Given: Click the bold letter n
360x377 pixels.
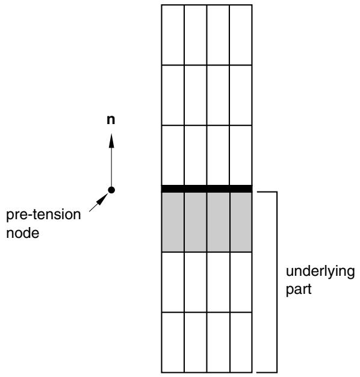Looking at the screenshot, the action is pyautogui.click(x=111, y=120).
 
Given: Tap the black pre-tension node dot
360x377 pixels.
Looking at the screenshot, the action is pyautogui.click(x=111, y=190).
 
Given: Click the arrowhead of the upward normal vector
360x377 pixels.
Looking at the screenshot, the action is pyautogui.click(x=111, y=141).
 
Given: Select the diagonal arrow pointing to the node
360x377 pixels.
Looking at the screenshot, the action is pyautogui.click(x=99, y=202).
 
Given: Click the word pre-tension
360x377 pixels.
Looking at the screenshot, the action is pyautogui.click(x=43, y=215).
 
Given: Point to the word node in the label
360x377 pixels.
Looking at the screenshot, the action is pyautogui.click(x=23, y=233).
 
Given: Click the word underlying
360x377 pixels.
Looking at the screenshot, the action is pyautogui.click(x=320, y=272).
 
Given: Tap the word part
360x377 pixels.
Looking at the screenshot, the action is pyautogui.click(x=299, y=290).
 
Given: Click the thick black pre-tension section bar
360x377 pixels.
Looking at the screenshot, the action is pyautogui.click(x=206, y=188).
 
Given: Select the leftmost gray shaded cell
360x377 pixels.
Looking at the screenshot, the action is pyautogui.click(x=173, y=222).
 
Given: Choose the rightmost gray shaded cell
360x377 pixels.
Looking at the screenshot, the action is pyautogui.click(x=241, y=222).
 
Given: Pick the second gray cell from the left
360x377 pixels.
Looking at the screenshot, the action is pyautogui.click(x=196, y=222).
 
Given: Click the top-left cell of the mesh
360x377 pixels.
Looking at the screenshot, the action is pyautogui.click(x=173, y=35).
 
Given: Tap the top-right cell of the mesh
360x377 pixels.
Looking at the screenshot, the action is pyautogui.click(x=241, y=35).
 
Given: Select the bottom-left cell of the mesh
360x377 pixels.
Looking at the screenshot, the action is pyautogui.click(x=173, y=343).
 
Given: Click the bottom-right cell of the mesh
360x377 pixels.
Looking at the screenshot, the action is pyautogui.click(x=241, y=343).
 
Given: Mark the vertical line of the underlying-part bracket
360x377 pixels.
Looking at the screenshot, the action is pyautogui.click(x=277, y=282).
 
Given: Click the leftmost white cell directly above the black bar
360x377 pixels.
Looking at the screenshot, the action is pyautogui.click(x=173, y=155).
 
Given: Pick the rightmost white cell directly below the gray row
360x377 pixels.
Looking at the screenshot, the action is pyautogui.click(x=241, y=282).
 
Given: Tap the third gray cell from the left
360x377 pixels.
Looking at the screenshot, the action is pyautogui.click(x=218, y=222).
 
